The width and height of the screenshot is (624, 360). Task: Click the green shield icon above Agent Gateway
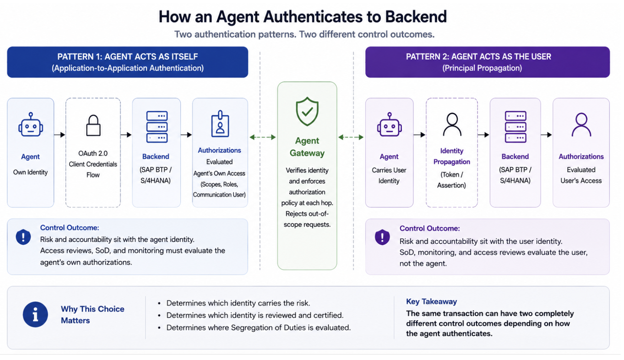tap(307, 111)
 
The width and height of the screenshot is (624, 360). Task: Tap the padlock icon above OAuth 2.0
tap(93, 125)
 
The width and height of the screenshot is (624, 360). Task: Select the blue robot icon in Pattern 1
tap(31, 124)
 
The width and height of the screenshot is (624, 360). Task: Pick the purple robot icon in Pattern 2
tap(389, 124)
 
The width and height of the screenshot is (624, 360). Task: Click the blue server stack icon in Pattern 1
tap(157, 127)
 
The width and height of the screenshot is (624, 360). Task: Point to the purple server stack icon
tap(515, 127)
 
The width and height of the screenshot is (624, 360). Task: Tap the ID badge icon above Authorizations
tap(220, 124)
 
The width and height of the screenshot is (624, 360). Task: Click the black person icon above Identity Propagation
tap(452, 124)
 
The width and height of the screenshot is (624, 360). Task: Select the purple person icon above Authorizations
tap(581, 124)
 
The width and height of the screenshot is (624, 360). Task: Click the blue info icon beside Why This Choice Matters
tap(35, 314)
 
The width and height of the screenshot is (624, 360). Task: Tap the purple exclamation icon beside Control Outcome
tap(382, 237)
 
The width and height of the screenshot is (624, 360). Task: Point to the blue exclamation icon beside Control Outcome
tap(23, 237)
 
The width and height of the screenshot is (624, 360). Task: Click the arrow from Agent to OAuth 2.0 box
tap(59, 135)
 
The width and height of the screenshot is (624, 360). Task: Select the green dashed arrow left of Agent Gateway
tap(263, 137)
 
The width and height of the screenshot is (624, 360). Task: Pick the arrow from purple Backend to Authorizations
tap(546, 135)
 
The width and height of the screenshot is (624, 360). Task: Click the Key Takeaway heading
tap(431, 301)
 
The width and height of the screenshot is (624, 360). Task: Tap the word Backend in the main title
tap(416, 16)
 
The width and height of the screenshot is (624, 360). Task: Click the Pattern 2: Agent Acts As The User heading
tap(478, 56)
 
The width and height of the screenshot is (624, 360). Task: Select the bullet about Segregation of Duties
tap(254, 327)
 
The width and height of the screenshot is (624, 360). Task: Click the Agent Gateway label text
tap(307, 147)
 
